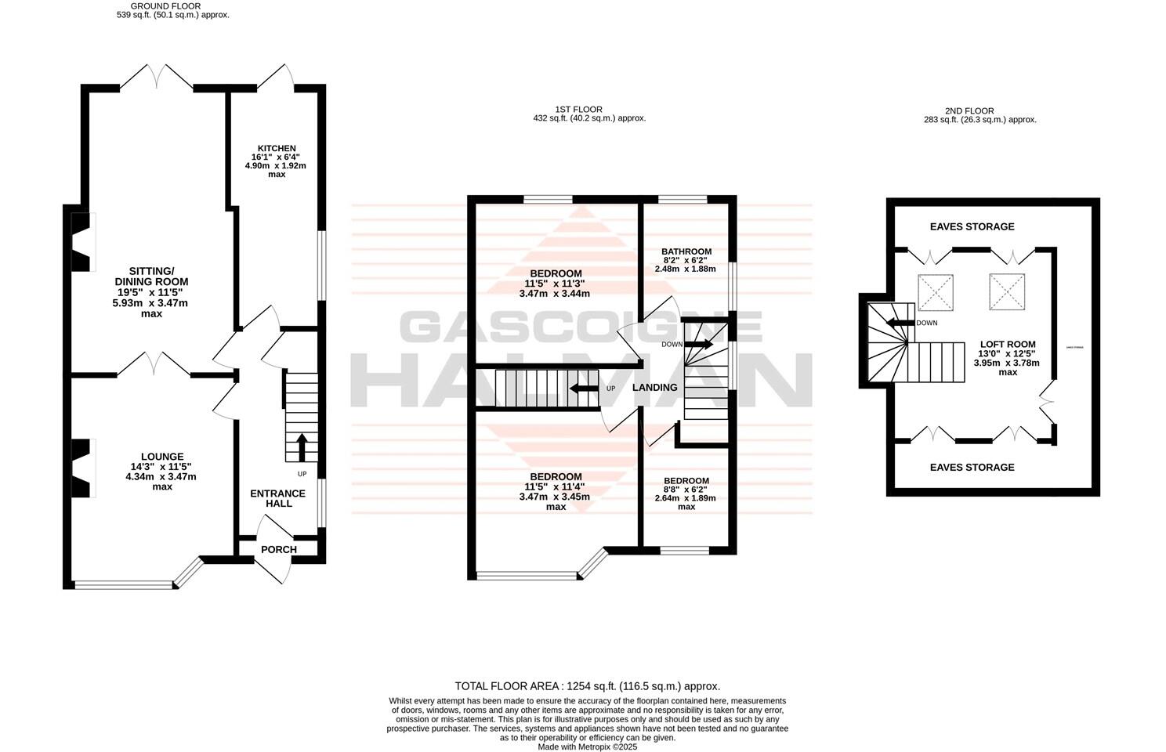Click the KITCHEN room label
pos(277,148)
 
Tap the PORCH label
pos(279,549)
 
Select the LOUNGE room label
pos(162,457)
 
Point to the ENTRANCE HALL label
pos(278,498)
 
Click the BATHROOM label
pos(686,251)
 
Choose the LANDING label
pos(654,388)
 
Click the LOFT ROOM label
pos(1008,344)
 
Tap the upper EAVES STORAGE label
pos(972,226)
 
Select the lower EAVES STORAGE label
pos(972,467)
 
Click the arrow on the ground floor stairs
pos(301,446)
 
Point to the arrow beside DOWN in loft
pos(900,322)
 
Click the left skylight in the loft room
pos(935,291)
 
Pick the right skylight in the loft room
pos(1007,291)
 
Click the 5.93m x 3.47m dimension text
pos(151,302)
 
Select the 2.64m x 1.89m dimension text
pos(686,497)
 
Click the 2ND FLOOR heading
pos(969,111)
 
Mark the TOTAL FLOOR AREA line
pos(587,685)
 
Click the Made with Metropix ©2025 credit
pos(587,747)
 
